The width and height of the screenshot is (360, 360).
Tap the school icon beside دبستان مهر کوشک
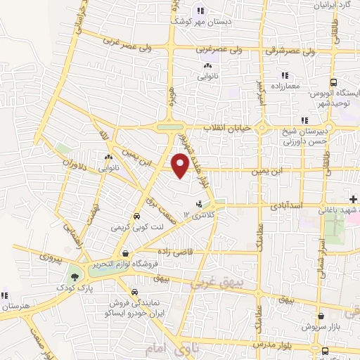pos(200,11)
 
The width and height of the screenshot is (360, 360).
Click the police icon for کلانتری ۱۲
pos(199,204)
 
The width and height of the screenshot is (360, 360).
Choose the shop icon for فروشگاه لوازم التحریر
pos(124,253)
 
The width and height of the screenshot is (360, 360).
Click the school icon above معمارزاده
pos(285,75)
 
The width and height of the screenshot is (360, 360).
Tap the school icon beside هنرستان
pos(5,295)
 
